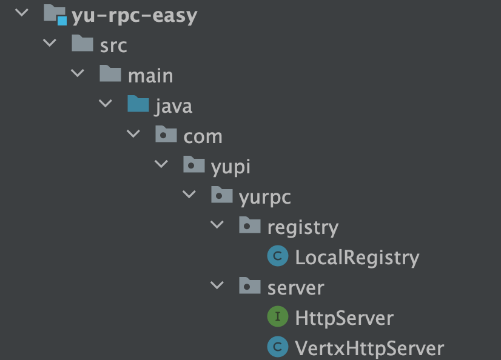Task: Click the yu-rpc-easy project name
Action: point(134,15)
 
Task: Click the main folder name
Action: point(150,76)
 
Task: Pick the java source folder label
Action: point(173,106)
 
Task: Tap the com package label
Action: point(203,136)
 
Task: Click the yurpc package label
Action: point(265,196)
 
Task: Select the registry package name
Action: point(303,227)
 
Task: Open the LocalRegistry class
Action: point(357,258)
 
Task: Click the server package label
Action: point(295,287)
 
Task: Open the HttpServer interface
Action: point(344,318)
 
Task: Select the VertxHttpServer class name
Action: point(369,348)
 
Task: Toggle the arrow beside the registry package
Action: point(217,225)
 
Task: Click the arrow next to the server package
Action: point(217,285)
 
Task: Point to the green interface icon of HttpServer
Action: point(277,317)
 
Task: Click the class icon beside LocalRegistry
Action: point(277,257)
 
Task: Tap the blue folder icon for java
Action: point(138,105)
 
